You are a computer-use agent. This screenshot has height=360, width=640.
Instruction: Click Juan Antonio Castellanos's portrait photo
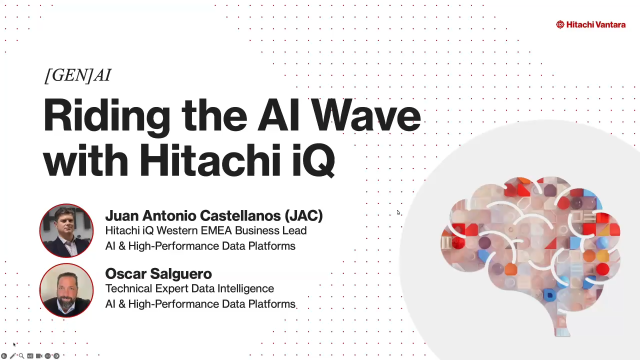point(66,231)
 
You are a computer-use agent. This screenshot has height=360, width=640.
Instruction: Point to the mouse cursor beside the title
point(398,212)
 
